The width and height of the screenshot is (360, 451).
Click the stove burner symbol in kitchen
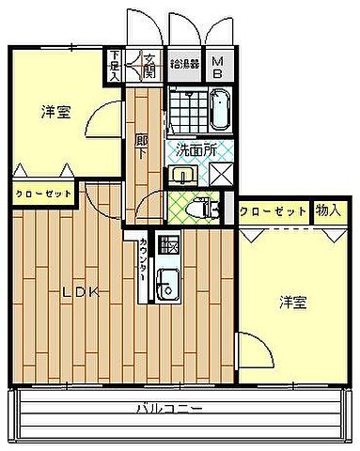[x=169, y=247]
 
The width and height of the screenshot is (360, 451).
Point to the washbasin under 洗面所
[x=182, y=174]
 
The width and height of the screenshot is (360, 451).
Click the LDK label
[x=79, y=292]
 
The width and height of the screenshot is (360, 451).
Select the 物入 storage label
[x=326, y=211]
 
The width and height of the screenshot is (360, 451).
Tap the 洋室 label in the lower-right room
[x=291, y=302]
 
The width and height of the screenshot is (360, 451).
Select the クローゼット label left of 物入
[x=273, y=211]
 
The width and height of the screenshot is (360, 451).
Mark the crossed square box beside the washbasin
[x=222, y=174]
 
